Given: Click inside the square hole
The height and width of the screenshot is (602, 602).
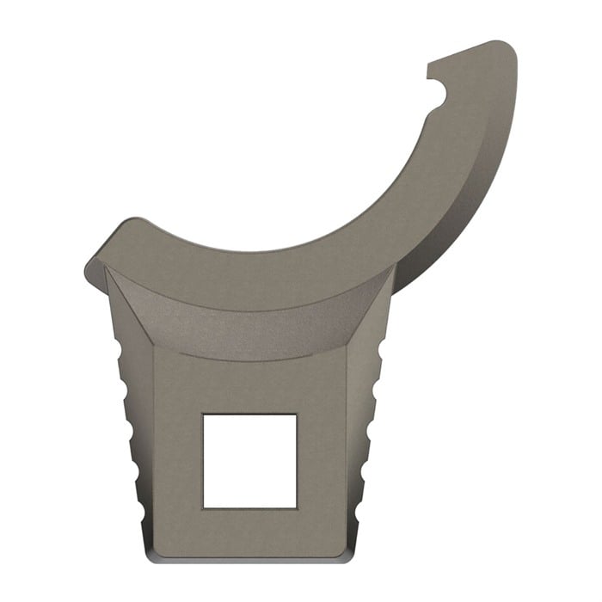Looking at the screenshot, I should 249,460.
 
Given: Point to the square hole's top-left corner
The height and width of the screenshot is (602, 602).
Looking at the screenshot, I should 203,414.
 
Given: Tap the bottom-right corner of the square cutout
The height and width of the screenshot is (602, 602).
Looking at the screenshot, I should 297,507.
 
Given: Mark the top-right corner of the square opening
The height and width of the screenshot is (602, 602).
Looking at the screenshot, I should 297,414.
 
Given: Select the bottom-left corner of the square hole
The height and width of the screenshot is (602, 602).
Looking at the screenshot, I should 203,507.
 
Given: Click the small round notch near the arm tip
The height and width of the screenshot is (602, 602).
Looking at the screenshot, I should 441,96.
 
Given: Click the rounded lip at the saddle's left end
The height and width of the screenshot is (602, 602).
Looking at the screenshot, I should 93,267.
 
